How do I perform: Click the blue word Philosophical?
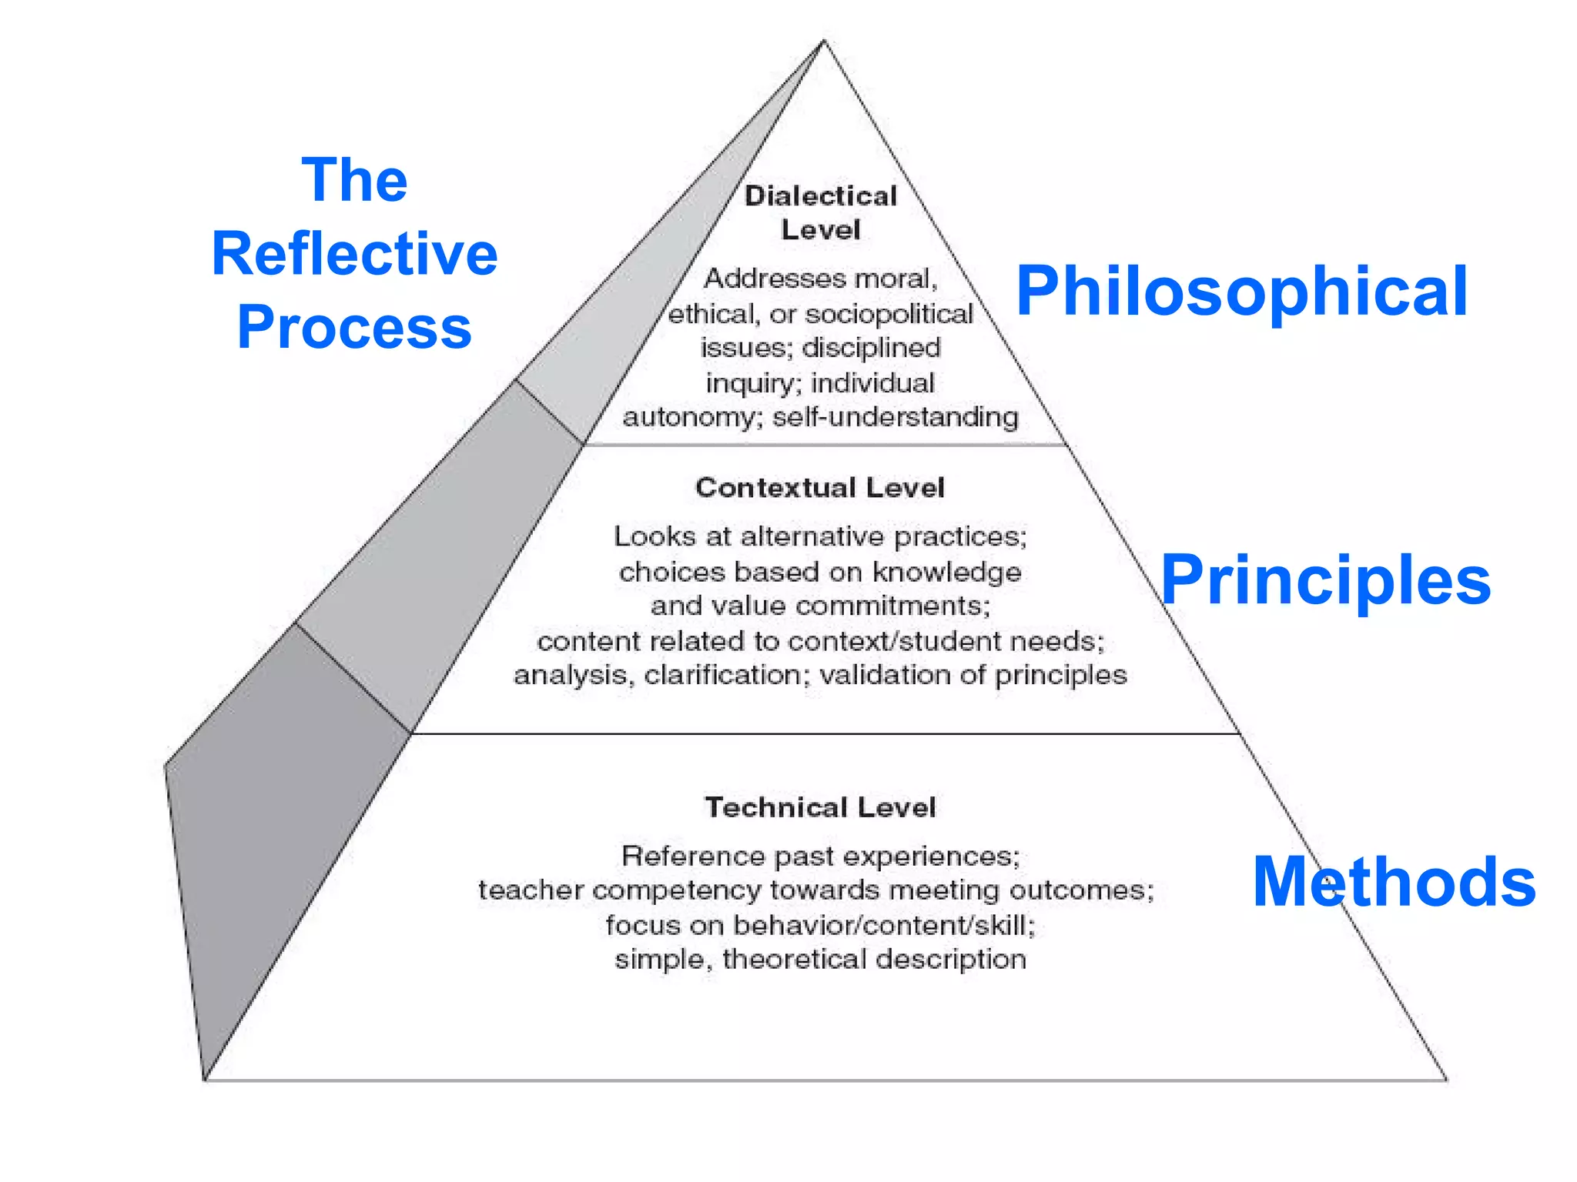coord(1241,292)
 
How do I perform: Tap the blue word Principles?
coord(1325,581)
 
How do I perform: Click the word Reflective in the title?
coord(355,254)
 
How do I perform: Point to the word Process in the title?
coord(354,327)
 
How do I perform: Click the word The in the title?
coord(354,180)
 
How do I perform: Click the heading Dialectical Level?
coord(821,212)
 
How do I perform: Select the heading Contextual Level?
coord(819,487)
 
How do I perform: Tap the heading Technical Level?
coord(820,807)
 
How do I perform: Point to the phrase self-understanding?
coord(896,417)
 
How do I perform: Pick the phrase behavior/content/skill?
coord(884,925)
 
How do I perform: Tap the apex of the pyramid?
coord(823,41)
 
